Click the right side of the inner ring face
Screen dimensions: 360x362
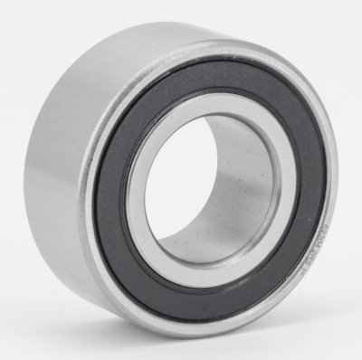pyautogui.click(x=290, y=194)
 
